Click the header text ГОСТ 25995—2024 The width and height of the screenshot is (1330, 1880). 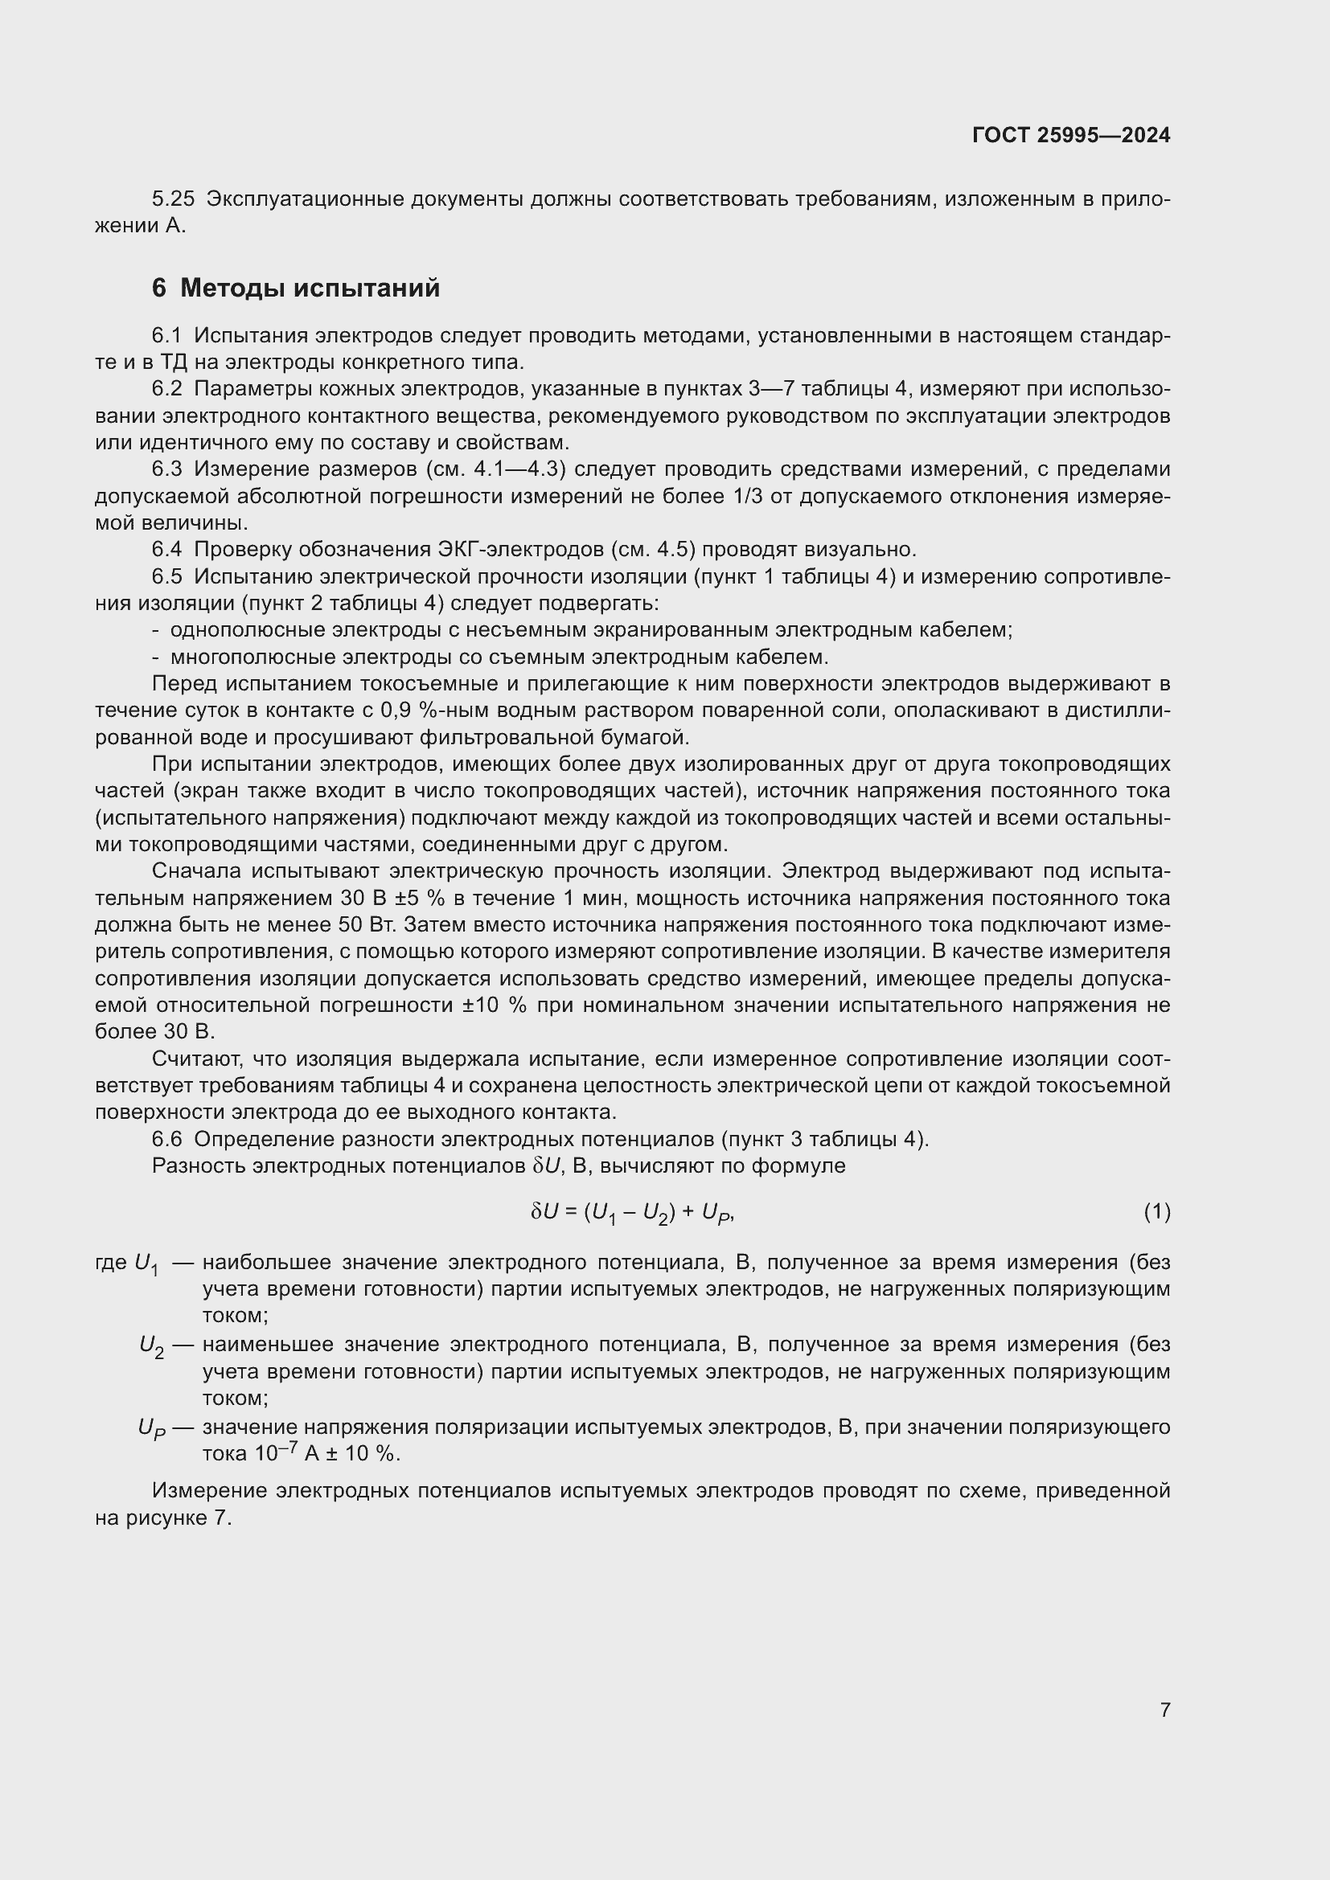tap(1070, 135)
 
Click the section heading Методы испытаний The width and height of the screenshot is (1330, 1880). tap(310, 289)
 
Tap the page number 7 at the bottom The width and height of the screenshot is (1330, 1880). tap(1164, 1710)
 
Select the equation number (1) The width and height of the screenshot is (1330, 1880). tap(1156, 1212)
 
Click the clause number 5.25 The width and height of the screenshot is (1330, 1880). tap(173, 199)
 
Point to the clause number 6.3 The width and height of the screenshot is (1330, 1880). tap(166, 469)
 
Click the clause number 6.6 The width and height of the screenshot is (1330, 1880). tap(166, 1139)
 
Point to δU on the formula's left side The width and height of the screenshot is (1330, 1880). tap(544, 1211)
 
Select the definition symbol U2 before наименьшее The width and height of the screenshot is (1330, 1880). tap(151, 1345)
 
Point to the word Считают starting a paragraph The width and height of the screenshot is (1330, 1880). tap(195, 1059)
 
